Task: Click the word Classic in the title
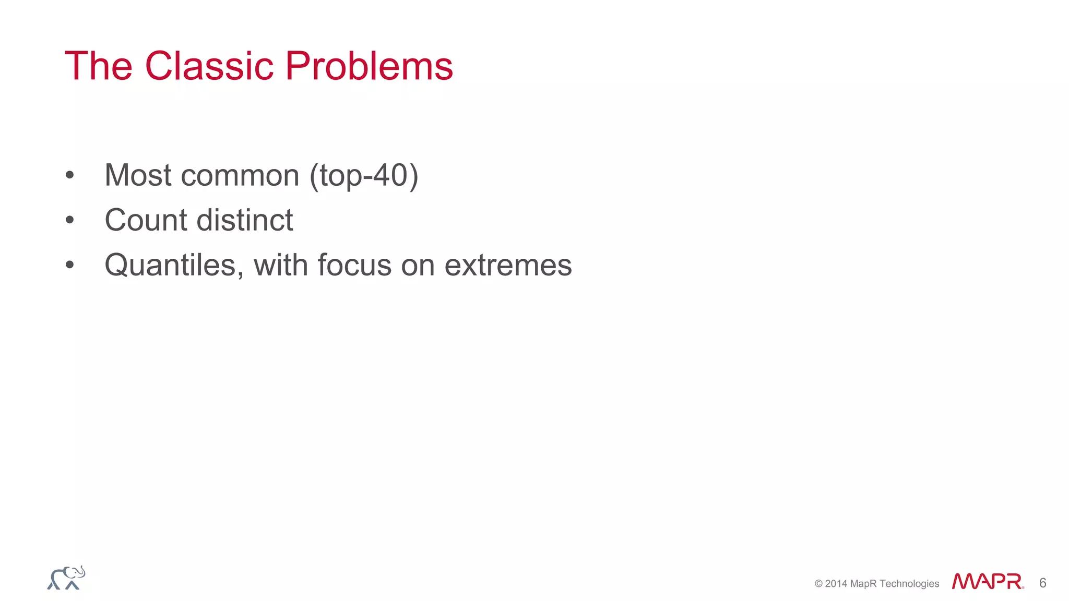(x=209, y=66)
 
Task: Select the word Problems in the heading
(x=369, y=66)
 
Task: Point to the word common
(x=240, y=176)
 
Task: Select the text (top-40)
(x=364, y=176)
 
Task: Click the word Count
(x=146, y=220)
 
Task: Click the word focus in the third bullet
(x=354, y=265)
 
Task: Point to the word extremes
(x=508, y=265)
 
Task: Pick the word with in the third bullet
(x=280, y=265)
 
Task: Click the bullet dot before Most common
(x=70, y=176)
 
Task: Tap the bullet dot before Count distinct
(x=70, y=221)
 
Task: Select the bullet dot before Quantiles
(x=70, y=266)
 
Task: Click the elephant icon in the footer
(x=66, y=578)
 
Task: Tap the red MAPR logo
(x=988, y=581)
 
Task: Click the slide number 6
(x=1042, y=583)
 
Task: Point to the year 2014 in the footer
(x=836, y=584)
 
